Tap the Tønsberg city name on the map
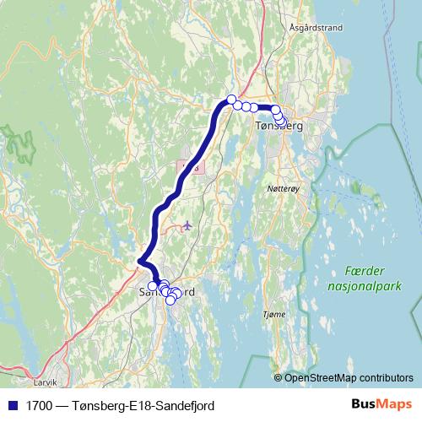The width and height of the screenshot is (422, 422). coord(278,127)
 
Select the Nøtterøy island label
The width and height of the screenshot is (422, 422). coord(282,190)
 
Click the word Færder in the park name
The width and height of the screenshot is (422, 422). coord(365,271)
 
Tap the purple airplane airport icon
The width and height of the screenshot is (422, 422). coord(187,225)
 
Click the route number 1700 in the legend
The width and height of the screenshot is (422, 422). coord(36,405)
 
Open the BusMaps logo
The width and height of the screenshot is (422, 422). coord(381,404)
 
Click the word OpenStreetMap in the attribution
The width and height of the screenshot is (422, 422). coord(316,377)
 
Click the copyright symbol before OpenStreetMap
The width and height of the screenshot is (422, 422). coord(279,377)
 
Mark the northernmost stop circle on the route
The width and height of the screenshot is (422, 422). coord(230,100)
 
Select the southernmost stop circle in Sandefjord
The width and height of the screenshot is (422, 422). coord(170,300)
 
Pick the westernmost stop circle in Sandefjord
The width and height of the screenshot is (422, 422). coord(152,286)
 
